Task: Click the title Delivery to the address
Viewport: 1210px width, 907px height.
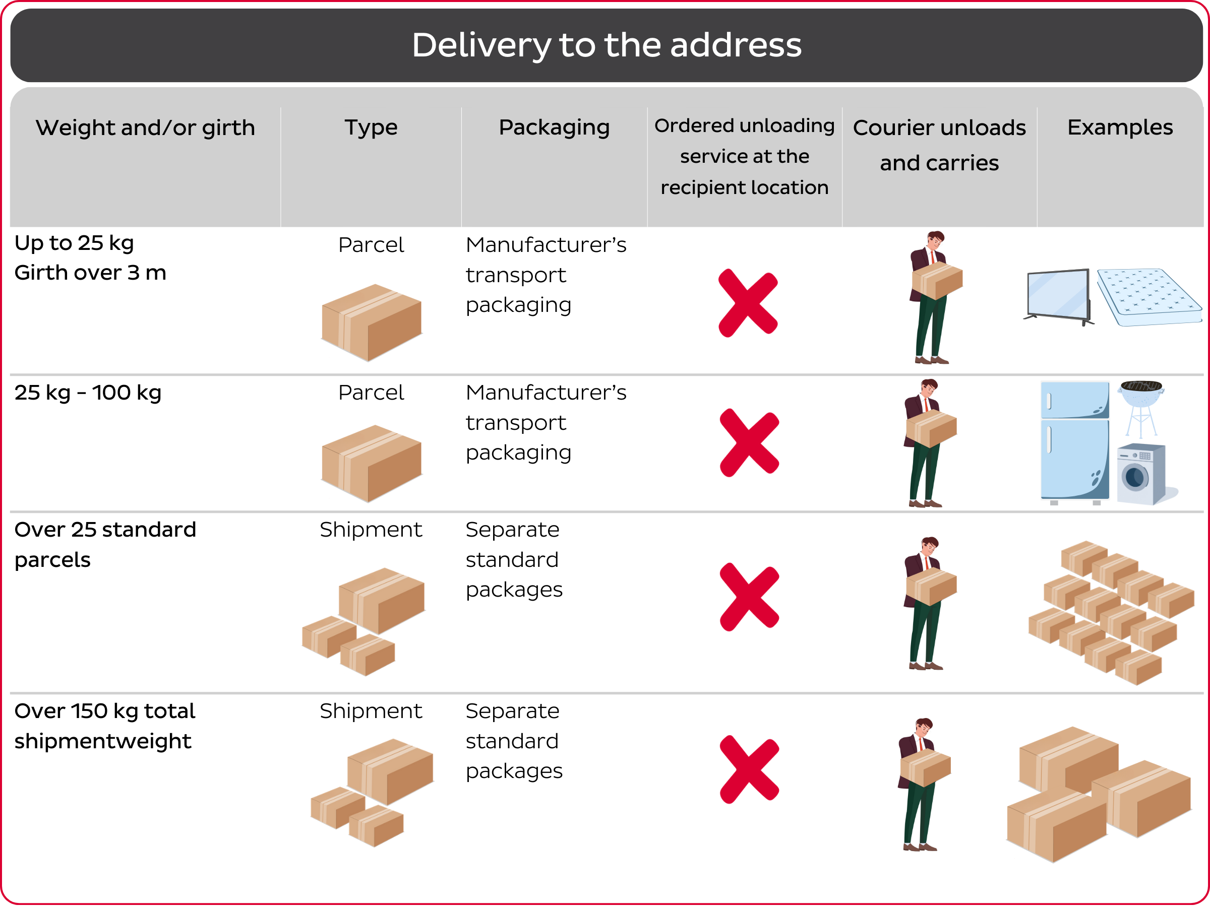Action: click(x=606, y=45)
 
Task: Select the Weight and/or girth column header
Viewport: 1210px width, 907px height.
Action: click(x=145, y=128)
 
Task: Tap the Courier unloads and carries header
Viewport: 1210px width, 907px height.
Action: click(x=939, y=145)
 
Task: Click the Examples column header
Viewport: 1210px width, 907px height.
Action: click(x=1119, y=127)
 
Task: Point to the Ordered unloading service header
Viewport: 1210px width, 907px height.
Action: click(x=744, y=156)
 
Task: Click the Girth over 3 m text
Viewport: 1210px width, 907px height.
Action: click(x=90, y=272)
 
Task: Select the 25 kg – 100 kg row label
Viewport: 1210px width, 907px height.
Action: click(x=88, y=393)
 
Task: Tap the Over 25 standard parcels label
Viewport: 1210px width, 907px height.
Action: click(x=104, y=544)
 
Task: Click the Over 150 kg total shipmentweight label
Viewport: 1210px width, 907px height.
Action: click(x=104, y=726)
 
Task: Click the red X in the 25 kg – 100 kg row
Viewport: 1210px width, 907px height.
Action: click(x=749, y=443)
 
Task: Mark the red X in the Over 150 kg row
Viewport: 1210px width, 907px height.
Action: click(x=749, y=769)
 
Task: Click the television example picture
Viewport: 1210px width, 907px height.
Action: click(x=1058, y=296)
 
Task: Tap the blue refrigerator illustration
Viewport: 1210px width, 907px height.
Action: click(x=1074, y=442)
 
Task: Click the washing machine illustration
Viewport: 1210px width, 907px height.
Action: click(x=1141, y=474)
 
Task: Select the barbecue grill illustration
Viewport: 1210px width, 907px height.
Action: click(x=1140, y=407)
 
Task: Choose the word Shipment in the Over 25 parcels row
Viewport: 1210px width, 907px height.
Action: click(x=371, y=529)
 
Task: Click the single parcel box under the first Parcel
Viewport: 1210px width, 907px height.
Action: click(x=371, y=322)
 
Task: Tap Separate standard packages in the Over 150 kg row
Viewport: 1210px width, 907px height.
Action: click(x=513, y=740)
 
